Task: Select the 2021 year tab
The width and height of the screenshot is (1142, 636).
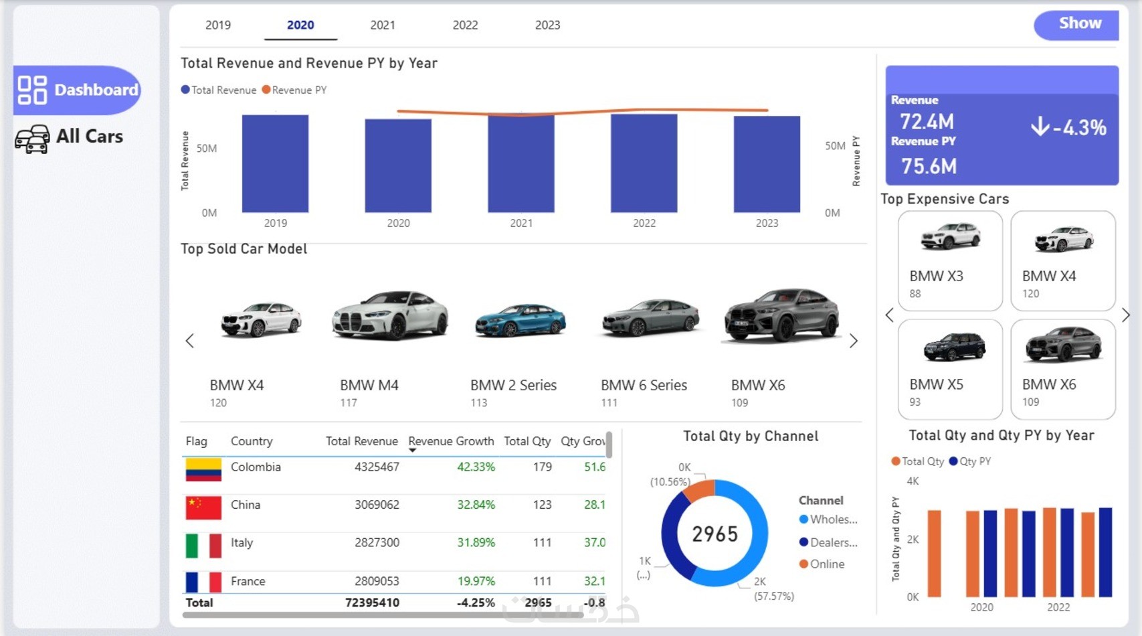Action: [x=383, y=25]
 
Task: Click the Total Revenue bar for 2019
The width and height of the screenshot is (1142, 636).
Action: [x=275, y=164]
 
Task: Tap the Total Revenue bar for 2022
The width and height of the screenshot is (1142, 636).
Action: [x=644, y=164]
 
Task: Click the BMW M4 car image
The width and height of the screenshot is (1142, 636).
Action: [x=390, y=315]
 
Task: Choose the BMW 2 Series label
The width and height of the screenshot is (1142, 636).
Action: [x=513, y=386]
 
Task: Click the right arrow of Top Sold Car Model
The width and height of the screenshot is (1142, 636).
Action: [x=853, y=341]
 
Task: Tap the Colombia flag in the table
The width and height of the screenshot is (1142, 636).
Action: [x=203, y=470]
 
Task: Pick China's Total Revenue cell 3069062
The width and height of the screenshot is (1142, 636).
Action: [x=377, y=505]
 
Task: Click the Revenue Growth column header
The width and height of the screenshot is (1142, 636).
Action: [x=451, y=441]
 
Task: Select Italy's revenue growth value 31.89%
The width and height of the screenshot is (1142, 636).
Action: [x=476, y=543]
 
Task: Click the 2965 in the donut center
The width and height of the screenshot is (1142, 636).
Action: [x=715, y=534]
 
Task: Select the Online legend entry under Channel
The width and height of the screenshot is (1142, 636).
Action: [x=826, y=564]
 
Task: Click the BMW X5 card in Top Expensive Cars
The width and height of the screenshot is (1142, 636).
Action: [x=950, y=368]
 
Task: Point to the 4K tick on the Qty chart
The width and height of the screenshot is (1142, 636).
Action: [x=913, y=481]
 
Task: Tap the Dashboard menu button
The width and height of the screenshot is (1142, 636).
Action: [x=78, y=90]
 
